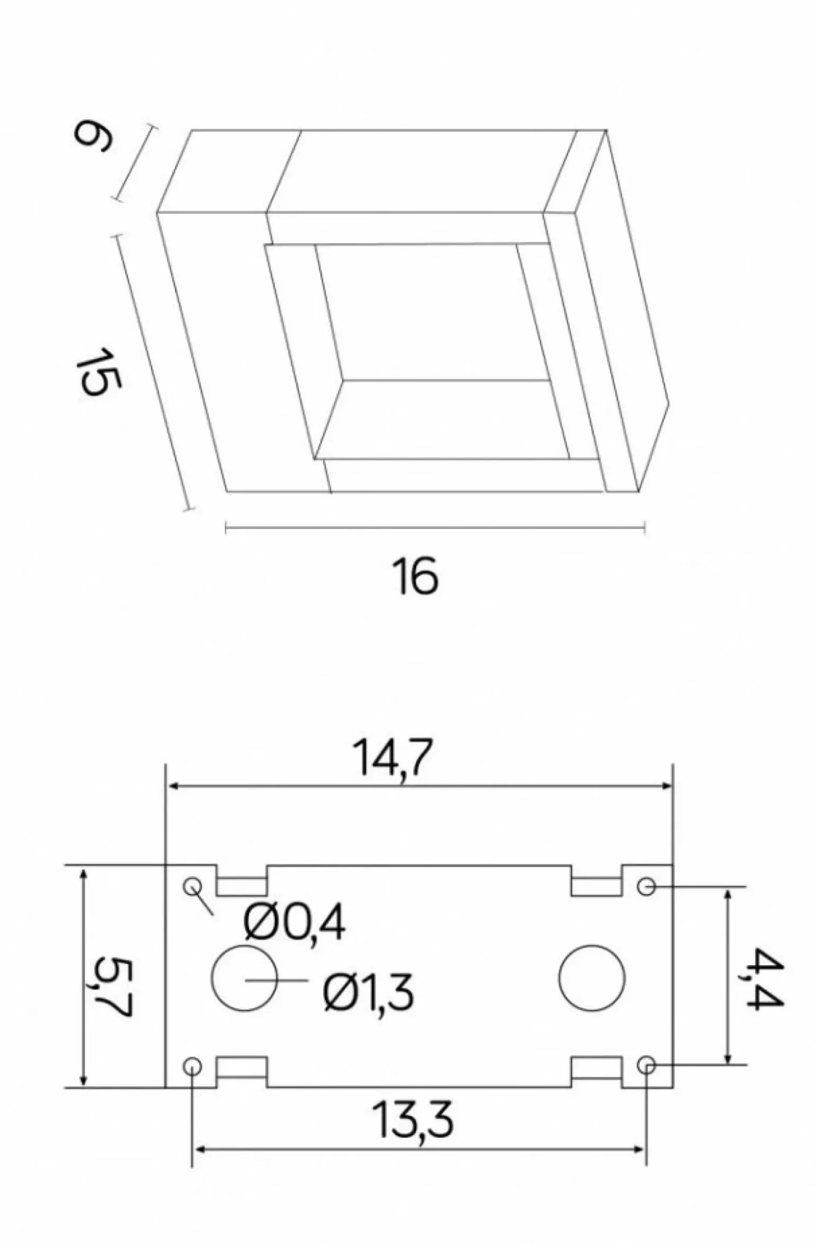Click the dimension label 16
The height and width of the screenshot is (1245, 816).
pyautogui.click(x=415, y=576)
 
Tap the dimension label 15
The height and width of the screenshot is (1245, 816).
pyautogui.click(x=99, y=372)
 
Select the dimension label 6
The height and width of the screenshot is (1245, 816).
pyautogui.click(x=93, y=137)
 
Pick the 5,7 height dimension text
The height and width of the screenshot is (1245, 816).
pyautogui.click(x=111, y=987)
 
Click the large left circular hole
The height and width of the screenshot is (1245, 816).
pyautogui.click(x=244, y=978)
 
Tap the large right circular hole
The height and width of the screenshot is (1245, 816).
pyautogui.click(x=592, y=978)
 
